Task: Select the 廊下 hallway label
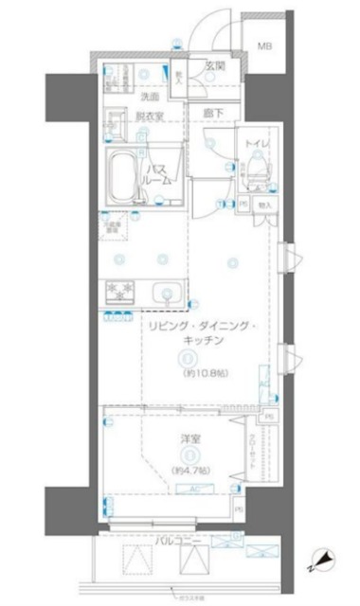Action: tap(214, 112)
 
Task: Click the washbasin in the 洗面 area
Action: tap(119, 120)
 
